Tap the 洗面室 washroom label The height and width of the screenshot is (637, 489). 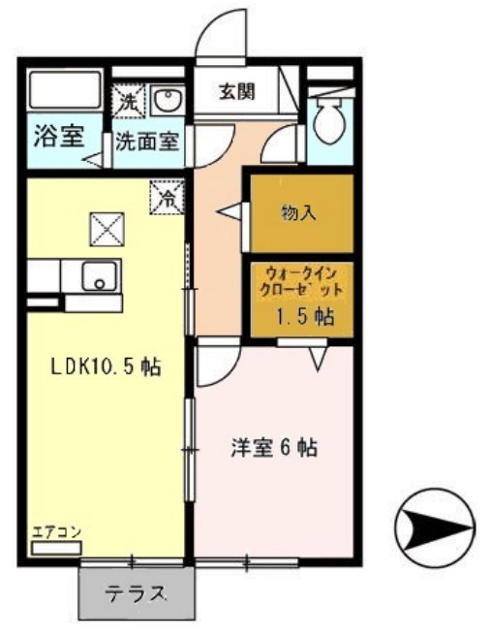(x=146, y=141)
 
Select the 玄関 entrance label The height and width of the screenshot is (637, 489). (x=235, y=93)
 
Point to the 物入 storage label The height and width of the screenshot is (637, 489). (x=298, y=211)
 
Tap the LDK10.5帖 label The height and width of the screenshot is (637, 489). (x=106, y=367)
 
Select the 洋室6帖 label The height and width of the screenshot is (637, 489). (x=274, y=448)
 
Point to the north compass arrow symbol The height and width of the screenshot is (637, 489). (x=435, y=528)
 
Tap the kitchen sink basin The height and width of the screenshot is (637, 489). (x=98, y=276)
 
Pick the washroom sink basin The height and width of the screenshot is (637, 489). (x=167, y=99)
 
